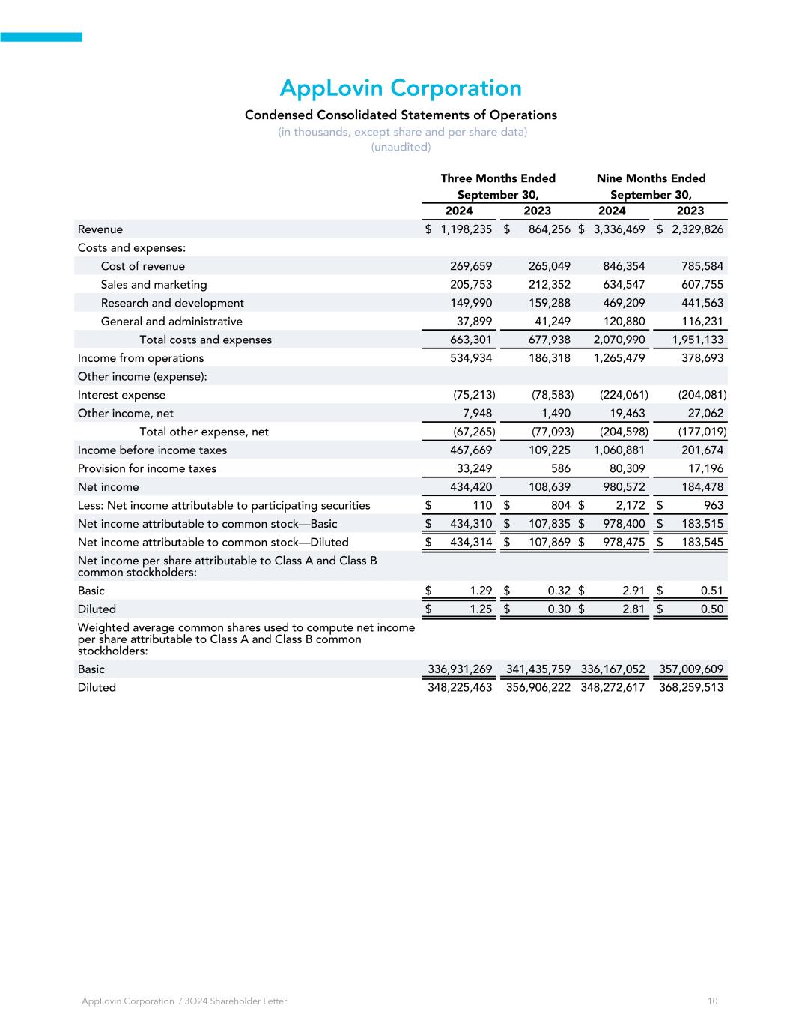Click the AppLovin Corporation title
tap(401, 88)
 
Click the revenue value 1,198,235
tap(467, 229)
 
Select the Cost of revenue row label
tap(142, 266)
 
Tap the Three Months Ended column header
tap(498, 178)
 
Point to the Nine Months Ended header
tap(651, 178)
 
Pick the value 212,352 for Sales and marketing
tap(545, 285)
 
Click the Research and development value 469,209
tap(624, 303)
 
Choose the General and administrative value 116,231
tap(702, 322)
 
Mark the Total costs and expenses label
tap(205, 340)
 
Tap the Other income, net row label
tap(126, 413)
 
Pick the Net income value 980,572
tap(624, 487)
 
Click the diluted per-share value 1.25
tap(480, 609)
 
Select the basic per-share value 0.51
tap(711, 591)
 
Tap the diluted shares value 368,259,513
tap(691, 687)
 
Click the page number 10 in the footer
tap(712, 1001)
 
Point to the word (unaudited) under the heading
tap(401, 147)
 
